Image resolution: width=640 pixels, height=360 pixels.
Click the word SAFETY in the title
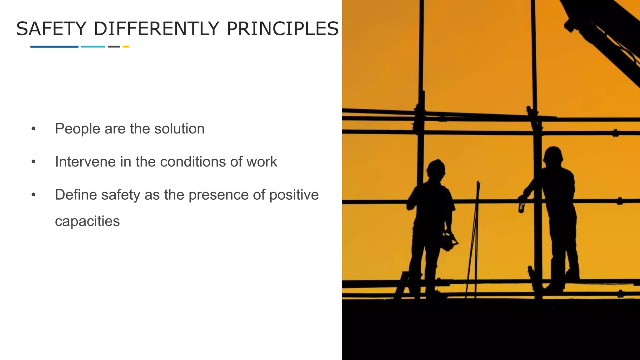[x=51, y=29]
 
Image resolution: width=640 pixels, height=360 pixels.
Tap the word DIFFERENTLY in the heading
[x=156, y=29]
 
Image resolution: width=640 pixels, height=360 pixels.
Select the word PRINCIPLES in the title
[x=282, y=29]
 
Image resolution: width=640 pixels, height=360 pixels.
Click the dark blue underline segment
[x=54, y=47]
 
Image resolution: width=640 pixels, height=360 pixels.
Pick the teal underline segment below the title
[x=93, y=47]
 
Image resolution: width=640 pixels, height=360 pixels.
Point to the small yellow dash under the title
[x=126, y=47]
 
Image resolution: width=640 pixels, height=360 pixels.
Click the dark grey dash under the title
[x=114, y=47]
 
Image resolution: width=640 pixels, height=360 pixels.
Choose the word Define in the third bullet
[x=76, y=195]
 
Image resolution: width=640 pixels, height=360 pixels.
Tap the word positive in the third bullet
[x=294, y=195]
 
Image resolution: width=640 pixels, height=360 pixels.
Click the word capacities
[x=87, y=222]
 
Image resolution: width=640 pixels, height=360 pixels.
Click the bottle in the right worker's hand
[x=521, y=206]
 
